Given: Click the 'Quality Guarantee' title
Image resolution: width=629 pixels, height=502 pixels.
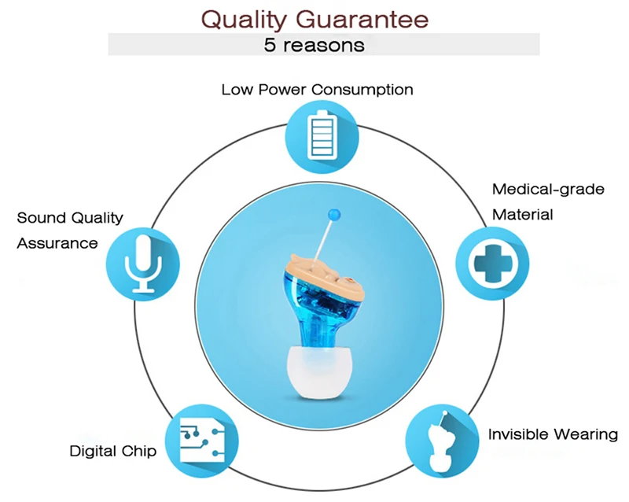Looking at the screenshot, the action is (x=315, y=20).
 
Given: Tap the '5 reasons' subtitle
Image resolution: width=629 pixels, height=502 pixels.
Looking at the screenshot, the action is (x=314, y=45).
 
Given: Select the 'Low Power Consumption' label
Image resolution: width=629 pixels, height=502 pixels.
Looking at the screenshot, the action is (x=317, y=90).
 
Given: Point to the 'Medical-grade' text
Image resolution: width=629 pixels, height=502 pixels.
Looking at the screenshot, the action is (x=548, y=189).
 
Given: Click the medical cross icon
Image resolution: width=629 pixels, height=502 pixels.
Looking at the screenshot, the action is (x=493, y=264).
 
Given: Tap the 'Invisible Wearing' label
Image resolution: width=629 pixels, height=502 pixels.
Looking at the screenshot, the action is (x=553, y=434).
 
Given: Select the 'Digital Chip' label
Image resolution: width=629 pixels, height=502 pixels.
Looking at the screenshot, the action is (x=112, y=451).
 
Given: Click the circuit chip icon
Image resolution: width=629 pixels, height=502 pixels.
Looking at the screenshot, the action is (x=202, y=440).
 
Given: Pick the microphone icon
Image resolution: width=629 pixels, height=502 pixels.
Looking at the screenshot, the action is (x=143, y=264).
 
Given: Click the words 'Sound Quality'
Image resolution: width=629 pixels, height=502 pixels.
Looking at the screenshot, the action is (x=70, y=218).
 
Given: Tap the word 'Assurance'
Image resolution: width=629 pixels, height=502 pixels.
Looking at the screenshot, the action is (x=57, y=243).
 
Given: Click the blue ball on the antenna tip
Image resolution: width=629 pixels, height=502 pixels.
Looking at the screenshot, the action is (x=334, y=215).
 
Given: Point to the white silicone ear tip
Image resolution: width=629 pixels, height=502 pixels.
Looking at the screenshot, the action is (x=321, y=372).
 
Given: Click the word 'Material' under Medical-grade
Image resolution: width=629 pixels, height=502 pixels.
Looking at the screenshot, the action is (x=522, y=215).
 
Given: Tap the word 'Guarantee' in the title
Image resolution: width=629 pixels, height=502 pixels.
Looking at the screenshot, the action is (x=362, y=20).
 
